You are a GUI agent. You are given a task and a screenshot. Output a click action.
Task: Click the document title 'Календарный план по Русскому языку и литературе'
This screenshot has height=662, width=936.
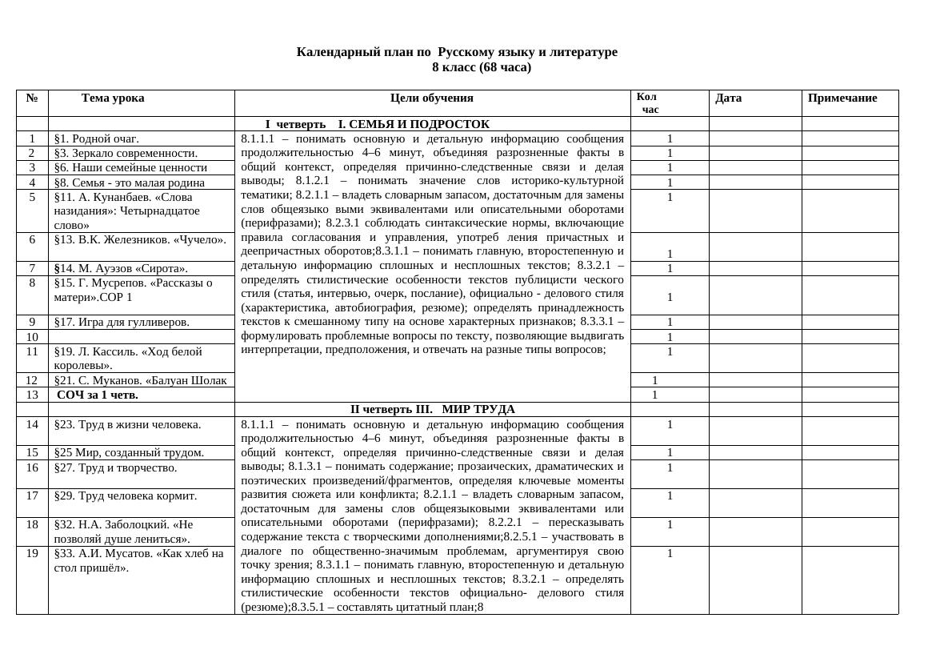pyautogui.click(x=457, y=52)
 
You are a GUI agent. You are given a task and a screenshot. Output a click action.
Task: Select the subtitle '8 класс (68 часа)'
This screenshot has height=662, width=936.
pyautogui.click(x=481, y=67)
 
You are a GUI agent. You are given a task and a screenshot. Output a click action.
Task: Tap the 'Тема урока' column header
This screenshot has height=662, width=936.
pyautogui.click(x=113, y=98)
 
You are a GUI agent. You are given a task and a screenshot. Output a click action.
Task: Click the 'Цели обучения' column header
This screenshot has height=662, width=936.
pyautogui.click(x=431, y=98)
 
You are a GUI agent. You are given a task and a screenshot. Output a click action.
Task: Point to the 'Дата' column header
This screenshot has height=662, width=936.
pyautogui.click(x=728, y=98)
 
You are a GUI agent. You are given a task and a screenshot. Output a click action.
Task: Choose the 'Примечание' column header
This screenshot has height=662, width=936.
pyautogui.click(x=842, y=98)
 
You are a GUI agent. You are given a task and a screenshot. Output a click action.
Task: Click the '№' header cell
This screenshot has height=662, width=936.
pyautogui.click(x=32, y=98)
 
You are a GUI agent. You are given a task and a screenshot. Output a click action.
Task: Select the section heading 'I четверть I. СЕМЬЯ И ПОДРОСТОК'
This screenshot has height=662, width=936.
pyautogui.click(x=377, y=124)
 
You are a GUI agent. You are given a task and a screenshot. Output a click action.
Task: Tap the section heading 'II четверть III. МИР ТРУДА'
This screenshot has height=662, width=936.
pyautogui.click(x=432, y=409)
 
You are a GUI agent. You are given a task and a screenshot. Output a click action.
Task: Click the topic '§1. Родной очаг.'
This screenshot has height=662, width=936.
pyautogui.click(x=97, y=138)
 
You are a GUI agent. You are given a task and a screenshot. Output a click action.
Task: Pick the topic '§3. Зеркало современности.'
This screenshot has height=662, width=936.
pyautogui.click(x=126, y=153)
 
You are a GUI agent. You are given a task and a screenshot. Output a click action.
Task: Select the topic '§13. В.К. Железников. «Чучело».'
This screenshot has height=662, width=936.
pyautogui.click(x=140, y=239)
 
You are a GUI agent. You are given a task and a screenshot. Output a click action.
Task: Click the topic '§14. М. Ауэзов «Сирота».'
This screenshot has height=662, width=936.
pyautogui.click(x=121, y=268)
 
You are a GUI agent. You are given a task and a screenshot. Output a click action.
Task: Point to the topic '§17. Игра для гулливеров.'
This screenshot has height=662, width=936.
pyautogui.click(x=122, y=322)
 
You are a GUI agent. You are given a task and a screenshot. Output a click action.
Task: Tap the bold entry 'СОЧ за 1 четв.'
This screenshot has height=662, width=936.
pyautogui.click(x=98, y=395)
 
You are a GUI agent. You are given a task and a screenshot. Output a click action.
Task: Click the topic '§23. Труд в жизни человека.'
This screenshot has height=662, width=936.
pyautogui.click(x=127, y=424)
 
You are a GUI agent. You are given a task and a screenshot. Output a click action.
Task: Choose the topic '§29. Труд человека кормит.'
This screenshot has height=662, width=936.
pyautogui.click(x=125, y=495)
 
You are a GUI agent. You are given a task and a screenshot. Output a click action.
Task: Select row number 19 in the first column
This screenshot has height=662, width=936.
pyautogui.click(x=32, y=553)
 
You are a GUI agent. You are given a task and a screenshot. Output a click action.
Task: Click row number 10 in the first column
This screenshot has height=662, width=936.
pyautogui.click(x=32, y=337)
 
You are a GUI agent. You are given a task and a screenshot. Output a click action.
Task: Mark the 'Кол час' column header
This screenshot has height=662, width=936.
pyautogui.click(x=649, y=103)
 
